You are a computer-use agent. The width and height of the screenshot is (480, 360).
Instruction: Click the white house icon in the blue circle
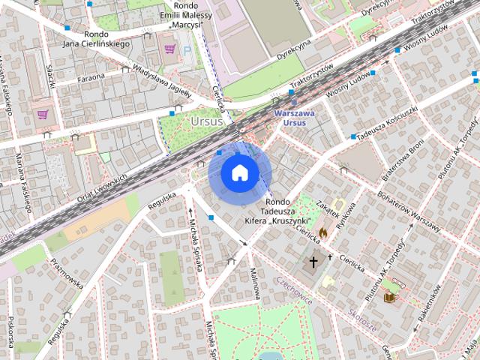click(x=239, y=173)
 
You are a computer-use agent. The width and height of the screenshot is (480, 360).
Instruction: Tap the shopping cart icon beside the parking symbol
click(x=170, y=49)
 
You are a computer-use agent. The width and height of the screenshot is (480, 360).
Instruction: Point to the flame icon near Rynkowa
click(x=323, y=233)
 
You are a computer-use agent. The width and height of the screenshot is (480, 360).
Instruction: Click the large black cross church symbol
click(x=313, y=263)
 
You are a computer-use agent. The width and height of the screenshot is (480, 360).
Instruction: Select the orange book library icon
click(x=389, y=298)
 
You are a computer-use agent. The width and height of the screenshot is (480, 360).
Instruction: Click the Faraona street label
click(x=91, y=77)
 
